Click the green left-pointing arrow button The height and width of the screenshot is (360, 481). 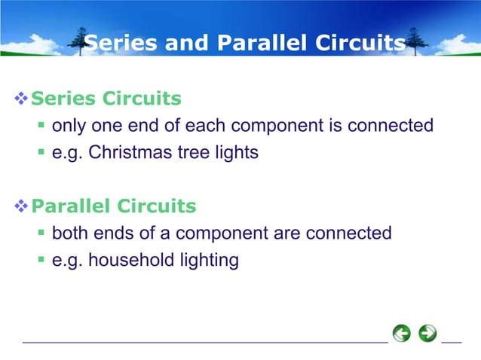[x=402, y=333]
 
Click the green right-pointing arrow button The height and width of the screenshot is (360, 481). [x=427, y=333]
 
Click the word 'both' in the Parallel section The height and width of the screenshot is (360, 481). [x=69, y=233]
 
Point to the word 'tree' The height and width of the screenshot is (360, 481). [x=186, y=153]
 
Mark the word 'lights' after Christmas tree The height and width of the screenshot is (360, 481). [x=233, y=153]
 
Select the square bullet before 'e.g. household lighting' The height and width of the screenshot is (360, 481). [x=42, y=261]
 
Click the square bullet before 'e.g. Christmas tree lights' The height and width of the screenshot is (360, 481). [x=42, y=153]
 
